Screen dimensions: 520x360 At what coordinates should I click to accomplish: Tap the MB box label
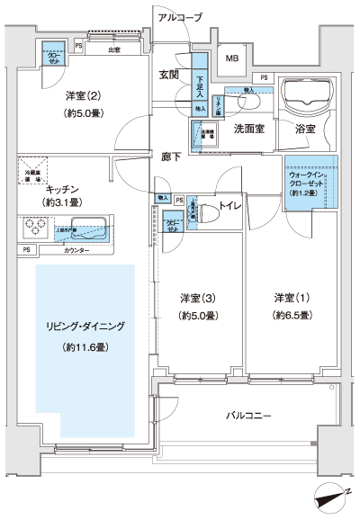coord(232,60)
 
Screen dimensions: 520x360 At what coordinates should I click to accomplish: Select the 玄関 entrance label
coord(170,74)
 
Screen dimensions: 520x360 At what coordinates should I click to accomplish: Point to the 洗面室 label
coord(248,129)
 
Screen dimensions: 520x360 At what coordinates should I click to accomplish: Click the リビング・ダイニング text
coord(87,326)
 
